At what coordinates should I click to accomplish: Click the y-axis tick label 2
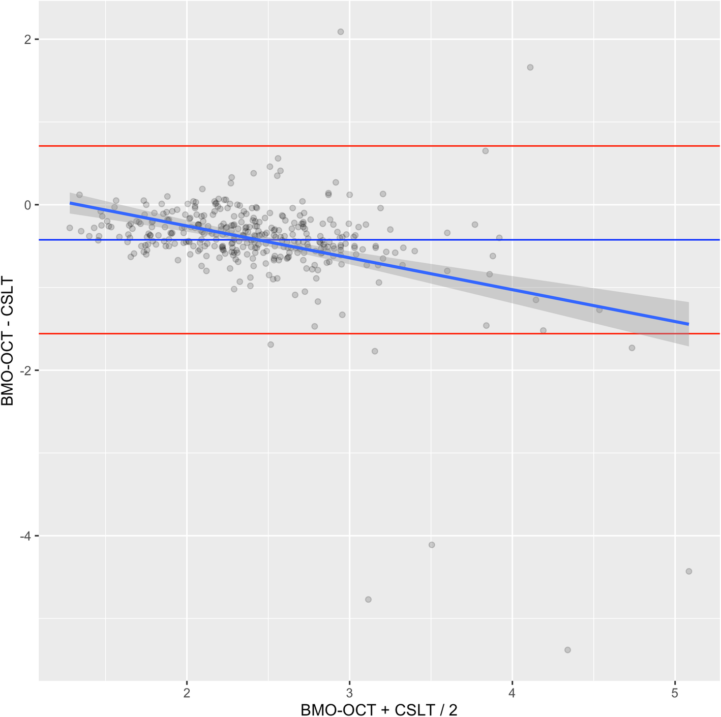tap(27, 40)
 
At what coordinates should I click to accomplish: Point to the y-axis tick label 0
tap(27, 205)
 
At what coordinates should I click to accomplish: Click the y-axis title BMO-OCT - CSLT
tap(8, 341)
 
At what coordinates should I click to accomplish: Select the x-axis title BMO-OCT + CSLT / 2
tap(379, 709)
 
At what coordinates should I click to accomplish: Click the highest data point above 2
tap(341, 32)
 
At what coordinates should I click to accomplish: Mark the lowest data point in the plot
tap(567, 650)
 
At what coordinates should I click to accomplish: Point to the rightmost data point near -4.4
tap(689, 571)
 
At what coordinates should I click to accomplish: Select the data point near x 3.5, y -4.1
tap(432, 545)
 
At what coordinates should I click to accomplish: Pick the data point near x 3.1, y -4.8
tap(368, 600)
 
